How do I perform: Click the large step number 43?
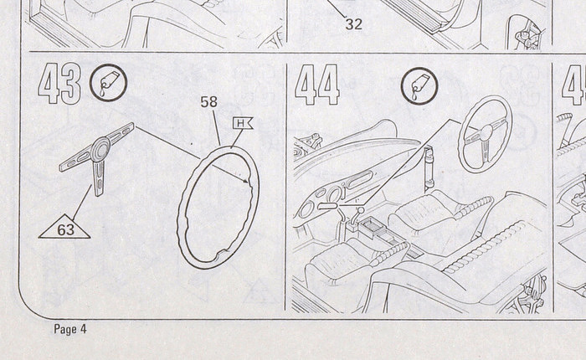coord(59,84)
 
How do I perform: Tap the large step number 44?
coord(317,85)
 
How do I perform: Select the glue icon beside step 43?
coord(108,83)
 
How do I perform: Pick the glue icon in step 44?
coord(419,86)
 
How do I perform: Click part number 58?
coord(208,102)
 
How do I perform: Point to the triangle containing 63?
coord(64,227)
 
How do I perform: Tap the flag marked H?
coord(243,123)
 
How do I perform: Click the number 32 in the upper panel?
coord(353,24)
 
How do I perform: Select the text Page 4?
coord(70,329)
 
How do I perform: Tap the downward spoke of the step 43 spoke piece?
coord(99,177)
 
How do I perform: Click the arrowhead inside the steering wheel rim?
coord(245,182)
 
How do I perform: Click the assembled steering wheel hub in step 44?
coord(486,133)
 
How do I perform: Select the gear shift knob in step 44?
coord(361,210)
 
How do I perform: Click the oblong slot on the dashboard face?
coord(359,180)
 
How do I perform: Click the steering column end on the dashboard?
coord(328,206)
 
